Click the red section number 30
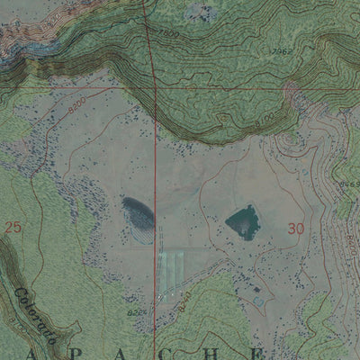pyautogui.click(x=296, y=229)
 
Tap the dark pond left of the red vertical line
pyautogui.click(x=137, y=212)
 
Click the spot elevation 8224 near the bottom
pyautogui.click(x=137, y=312)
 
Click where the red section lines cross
pyautogui.click(x=154, y=89)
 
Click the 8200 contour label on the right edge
pyautogui.click(x=351, y=241)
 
